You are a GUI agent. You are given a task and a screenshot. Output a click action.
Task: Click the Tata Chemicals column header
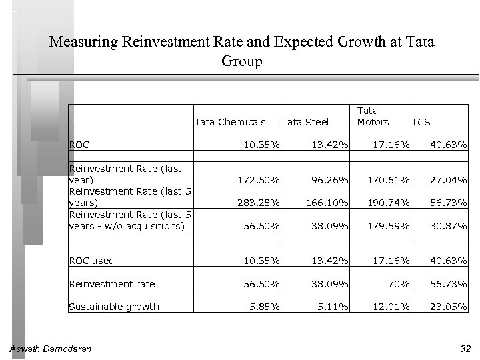[229, 122]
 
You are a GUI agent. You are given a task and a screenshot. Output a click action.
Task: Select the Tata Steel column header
[305, 122]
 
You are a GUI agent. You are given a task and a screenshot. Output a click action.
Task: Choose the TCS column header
[421, 122]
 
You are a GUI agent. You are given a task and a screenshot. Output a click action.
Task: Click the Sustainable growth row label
[114, 307]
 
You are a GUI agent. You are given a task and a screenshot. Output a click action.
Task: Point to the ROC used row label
[92, 261]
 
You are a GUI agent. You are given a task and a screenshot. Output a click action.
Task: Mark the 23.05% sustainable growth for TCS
[449, 307]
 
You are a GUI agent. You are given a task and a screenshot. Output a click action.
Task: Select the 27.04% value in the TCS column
[449, 180]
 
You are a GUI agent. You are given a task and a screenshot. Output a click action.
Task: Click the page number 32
[465, 349]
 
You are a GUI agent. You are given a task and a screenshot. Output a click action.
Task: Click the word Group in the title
[241, 61]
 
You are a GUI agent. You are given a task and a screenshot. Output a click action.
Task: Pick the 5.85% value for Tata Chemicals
[265, 307]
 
